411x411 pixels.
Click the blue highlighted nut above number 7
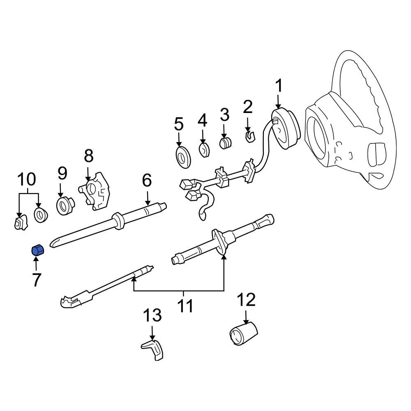(x=38, y=249)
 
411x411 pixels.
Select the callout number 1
(x=279, y=86)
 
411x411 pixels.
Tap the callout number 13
(x=152, y=316)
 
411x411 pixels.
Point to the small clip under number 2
(x=249, y=136)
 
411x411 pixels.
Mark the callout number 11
(x=183, y=306)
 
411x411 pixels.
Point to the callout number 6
(x=147, y=180)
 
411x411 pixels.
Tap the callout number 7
(x=36, y=280)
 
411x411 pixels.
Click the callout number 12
(x=246, y=300)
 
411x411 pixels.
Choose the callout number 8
(x=88, y=156)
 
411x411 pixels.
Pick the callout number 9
(x=62, y=173)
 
